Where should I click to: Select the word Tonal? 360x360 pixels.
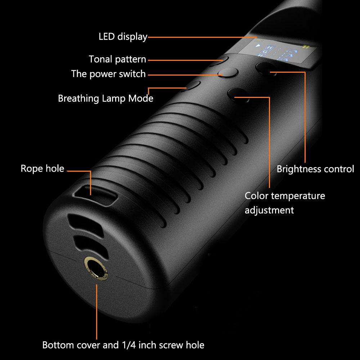click(100, 59)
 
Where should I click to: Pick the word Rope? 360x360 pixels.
click(31, 168)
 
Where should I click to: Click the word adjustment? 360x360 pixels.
click(269, 210)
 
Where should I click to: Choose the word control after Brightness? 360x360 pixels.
click(339, 169)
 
